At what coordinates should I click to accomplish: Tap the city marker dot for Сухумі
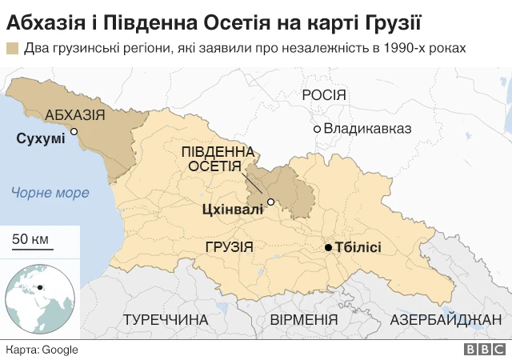[x=74, y=131]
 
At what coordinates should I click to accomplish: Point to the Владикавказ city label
[x=367, y=128]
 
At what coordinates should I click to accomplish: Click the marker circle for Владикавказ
[x=318, y=129]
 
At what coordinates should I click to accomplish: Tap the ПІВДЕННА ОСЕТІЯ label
[x=218, y=158]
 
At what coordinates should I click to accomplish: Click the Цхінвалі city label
[x=233, y=210]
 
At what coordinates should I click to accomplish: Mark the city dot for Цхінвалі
[x=271, y=202]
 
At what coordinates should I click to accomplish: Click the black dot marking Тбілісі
[x=328, y=248]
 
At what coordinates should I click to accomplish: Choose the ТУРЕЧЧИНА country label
[x=166, y=320]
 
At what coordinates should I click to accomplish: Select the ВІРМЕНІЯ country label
[x=304, y=320]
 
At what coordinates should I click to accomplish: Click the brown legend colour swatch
[x=13, y=48]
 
